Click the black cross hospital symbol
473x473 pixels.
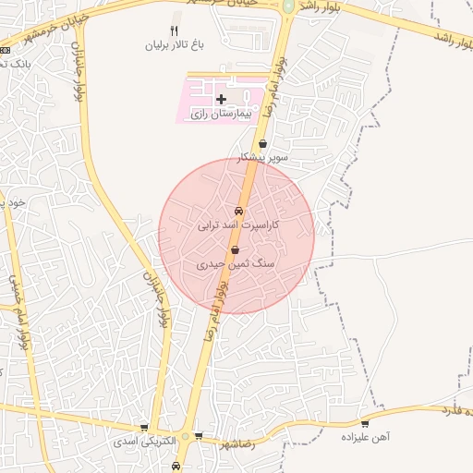pos(220,98)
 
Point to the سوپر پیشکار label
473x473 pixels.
pos(263,157)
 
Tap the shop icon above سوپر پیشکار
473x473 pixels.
pos(264,143)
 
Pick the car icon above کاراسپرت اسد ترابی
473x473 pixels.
pos(239,210)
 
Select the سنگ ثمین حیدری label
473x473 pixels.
pos(236,263)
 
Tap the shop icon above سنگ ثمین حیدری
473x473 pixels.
pos(236,249)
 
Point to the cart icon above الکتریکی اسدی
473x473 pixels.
pos(144,428)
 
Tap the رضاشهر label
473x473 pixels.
pos(238,443)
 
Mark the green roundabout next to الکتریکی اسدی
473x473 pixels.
pos(186,436)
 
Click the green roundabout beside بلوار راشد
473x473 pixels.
pos(288,6)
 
